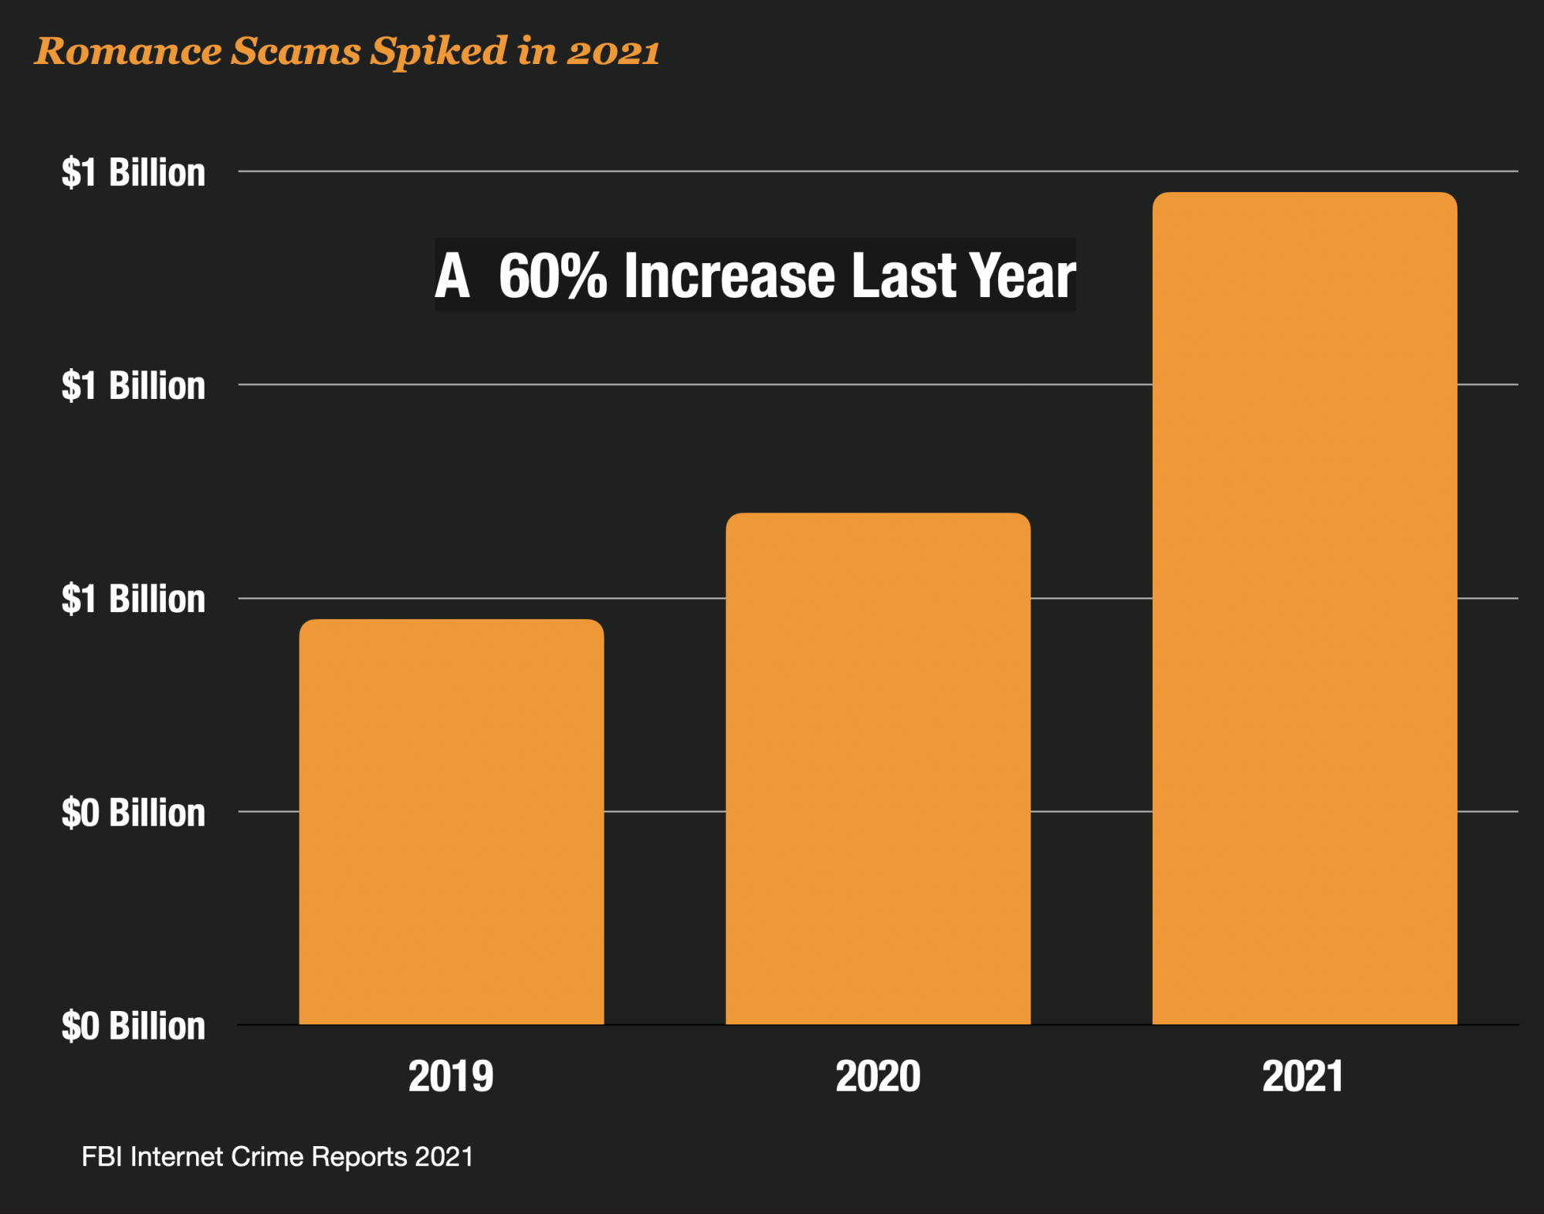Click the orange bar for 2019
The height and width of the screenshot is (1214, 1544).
point(451,822)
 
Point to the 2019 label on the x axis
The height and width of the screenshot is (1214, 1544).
point(451,1076)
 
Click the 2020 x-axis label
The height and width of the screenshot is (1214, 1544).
point(878,1076)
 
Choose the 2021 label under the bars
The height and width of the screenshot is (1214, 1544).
point(1303,1076)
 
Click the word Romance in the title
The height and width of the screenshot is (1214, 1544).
point(128,52)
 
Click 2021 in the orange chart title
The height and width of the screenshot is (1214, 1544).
point(613,52)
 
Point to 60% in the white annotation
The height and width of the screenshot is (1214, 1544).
point(553,276)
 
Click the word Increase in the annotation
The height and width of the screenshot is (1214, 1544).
point(730,276)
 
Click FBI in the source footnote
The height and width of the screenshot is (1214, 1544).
point(102,1157)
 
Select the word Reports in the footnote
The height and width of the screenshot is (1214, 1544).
point(359,1157)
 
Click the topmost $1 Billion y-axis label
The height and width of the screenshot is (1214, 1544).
point(134,172)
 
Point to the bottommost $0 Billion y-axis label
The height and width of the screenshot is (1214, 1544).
point(134,1026)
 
